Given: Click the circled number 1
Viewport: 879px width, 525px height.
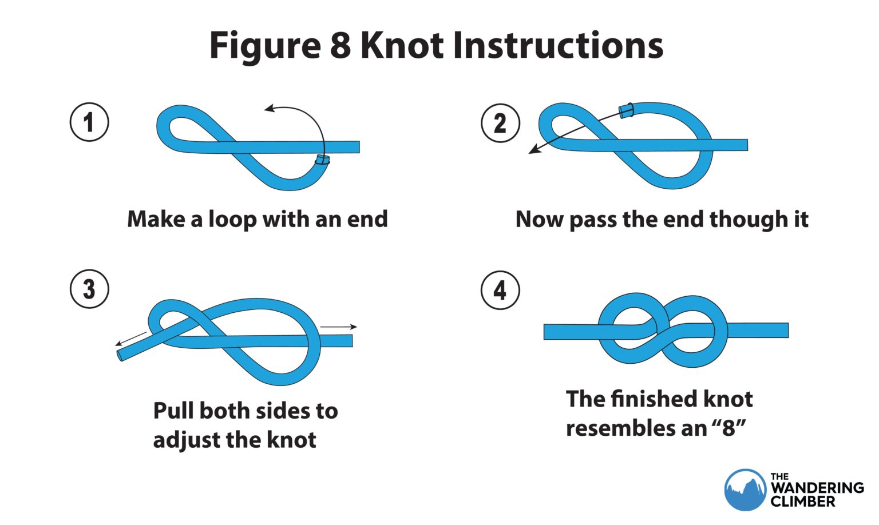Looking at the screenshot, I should point(89,122).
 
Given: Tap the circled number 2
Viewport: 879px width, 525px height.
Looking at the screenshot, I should point(500,123).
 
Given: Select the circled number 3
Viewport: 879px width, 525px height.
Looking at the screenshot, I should point(89,289).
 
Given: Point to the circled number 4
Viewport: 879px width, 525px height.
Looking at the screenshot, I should point(500,290).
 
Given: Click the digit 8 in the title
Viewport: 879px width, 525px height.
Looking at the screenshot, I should point(340,45).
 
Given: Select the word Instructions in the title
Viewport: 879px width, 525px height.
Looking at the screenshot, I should point(558,45).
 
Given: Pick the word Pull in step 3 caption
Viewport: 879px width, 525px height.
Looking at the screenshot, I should point(173,411).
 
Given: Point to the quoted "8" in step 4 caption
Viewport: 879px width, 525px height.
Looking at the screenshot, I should point(728,428).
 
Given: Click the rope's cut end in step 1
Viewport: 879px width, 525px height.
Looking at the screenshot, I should point(323,160).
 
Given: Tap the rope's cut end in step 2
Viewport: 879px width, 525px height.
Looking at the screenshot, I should point(626,110).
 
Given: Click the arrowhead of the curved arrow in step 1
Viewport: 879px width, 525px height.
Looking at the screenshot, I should point(268,108).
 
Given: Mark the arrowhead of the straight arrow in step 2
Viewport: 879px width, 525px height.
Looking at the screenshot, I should point(532,151).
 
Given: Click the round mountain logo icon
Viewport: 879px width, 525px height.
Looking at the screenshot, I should point(745,490).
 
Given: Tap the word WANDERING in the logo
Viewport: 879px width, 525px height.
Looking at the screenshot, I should point(817,488).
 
